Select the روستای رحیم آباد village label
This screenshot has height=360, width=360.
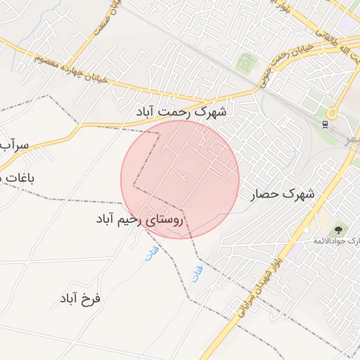click(x=139, y=220)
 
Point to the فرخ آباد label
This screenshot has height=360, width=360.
click(x=80, y=298)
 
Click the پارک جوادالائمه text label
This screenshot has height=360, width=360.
click(x=336, y=241)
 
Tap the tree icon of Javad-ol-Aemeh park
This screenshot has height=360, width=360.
click(x=340, y=229)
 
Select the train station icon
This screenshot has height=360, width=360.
click(x=324, y=124)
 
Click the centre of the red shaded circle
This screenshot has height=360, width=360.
click(x=180, y=179)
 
